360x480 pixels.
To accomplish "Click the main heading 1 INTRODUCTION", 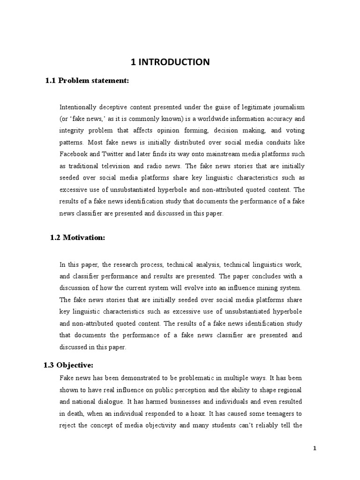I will [x=180, y=61].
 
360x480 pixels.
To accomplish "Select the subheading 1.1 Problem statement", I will [x=87, y=81].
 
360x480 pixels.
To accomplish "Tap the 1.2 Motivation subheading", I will [x=78, y=238].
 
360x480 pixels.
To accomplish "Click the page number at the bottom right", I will [x=315, y=448].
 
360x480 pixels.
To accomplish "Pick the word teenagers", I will [x=278, y=413].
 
